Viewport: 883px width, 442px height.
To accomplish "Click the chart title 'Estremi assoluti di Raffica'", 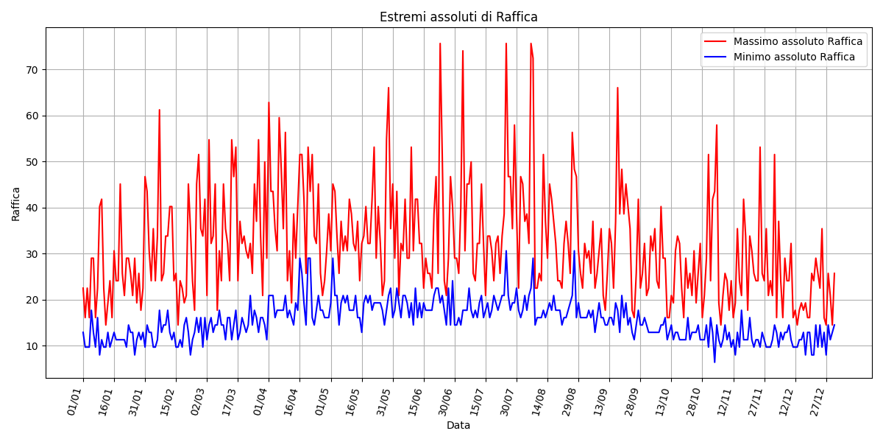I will tap(458, 17).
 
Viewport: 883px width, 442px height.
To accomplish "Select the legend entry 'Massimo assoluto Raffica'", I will tap(798, 42).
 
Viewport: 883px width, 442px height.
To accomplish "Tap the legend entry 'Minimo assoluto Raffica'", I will tap(794, 57).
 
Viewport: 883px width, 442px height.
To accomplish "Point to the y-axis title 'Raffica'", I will tap(16, 203).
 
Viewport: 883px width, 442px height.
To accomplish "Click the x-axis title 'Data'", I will tap(458, 426).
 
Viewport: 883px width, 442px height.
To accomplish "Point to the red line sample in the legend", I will tap(716, 42).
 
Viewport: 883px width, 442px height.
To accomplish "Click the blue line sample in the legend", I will tap(716, 57).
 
